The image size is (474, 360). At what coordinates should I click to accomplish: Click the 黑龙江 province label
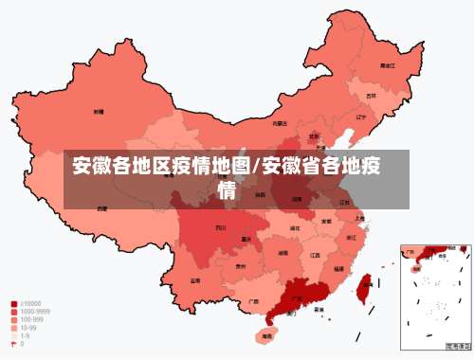click(x=387, y=65)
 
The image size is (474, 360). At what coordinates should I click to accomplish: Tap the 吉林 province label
click(x=371, y=96)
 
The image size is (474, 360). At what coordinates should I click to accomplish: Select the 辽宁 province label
click(x=360, y=117)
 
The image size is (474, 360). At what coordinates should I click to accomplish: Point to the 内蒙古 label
click(x=280, y=123)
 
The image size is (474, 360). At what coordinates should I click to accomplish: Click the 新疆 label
click(x=98, y=112)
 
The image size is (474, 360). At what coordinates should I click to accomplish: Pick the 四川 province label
click(x=220, y=228)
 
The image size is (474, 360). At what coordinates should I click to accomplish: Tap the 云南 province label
click(x=194, y=280)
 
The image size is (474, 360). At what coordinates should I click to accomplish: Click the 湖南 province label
click(x=283, y=254)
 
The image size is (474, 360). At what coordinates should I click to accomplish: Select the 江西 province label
click(x=315, y=255)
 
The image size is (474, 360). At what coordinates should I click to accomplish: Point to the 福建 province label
click(x=337, y=269)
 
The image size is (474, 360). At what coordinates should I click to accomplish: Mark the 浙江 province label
click(x=352, y=237)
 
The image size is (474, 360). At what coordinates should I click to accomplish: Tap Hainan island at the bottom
click(x=265, y=335)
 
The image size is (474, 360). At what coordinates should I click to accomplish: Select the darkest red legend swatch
click(x=13, y=305)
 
